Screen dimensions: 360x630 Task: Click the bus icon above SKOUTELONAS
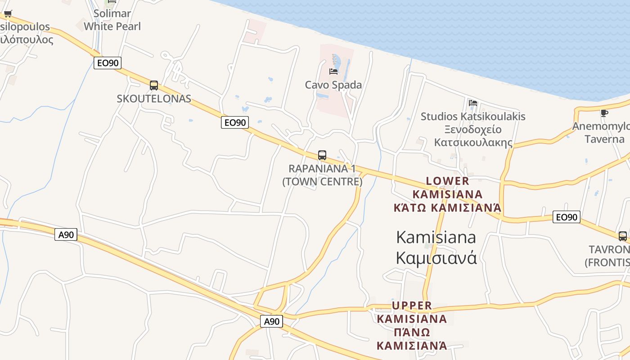tap(153, 85)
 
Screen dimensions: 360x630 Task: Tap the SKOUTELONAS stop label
tap(154, 99)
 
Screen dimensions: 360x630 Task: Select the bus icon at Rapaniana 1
tap(322, 155)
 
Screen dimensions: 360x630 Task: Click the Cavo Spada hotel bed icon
tap(333, 71)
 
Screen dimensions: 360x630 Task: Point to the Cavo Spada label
tap(333, 85)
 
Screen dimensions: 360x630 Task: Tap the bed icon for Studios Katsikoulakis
tap(472, 103)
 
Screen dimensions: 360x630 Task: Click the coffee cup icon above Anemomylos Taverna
tap(604, 112)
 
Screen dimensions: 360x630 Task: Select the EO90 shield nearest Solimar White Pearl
tap(108, 63)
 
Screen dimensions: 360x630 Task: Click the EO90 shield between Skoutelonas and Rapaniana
tap(235, 122)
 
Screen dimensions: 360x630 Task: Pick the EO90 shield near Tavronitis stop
tap(567, 217)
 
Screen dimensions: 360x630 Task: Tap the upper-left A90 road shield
tap(66, 234)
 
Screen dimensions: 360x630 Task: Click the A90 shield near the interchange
tap(272, 321)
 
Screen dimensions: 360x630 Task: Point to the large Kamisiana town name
tap(436, 237)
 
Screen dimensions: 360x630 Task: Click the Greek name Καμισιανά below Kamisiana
tap(436, 258)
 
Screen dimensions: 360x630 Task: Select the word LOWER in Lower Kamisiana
tap(447, 181)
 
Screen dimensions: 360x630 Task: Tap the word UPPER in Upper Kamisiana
tap(412, 306)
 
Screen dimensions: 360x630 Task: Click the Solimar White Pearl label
tap(112, 20)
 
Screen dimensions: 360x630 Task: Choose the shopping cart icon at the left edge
tap(8, 13)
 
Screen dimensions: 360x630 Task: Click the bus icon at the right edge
tap(623, 236)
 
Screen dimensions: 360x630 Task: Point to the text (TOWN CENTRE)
tap(322, 181)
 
